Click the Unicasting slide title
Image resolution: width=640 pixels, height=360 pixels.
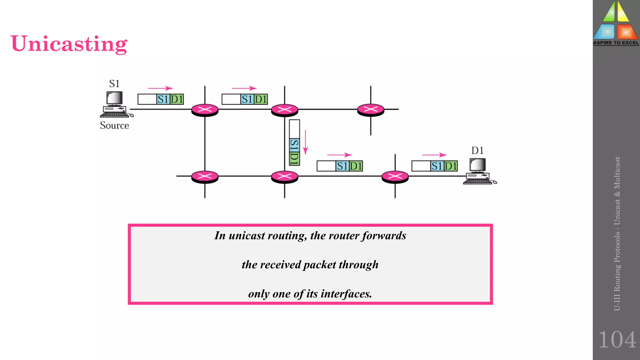(x=69, y=44)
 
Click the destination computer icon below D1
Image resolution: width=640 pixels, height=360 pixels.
(x=478, y=171)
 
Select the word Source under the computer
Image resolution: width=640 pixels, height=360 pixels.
(x=114, y=126)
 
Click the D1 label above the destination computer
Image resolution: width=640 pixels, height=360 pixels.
(x=477, y=151)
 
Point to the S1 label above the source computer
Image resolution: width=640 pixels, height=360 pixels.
(x=114, y=84)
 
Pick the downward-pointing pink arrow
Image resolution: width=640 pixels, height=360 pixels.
(x=305, y=142)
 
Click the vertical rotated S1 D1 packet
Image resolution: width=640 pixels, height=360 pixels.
(x=294, y=143)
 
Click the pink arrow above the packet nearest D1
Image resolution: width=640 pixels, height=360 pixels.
(x=434, y=155)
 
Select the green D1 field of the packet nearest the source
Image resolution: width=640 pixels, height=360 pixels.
(x=177, y=99)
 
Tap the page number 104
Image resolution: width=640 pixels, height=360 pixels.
(x=617, y=340)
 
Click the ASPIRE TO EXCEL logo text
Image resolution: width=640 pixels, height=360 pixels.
(x=616, y=43)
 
